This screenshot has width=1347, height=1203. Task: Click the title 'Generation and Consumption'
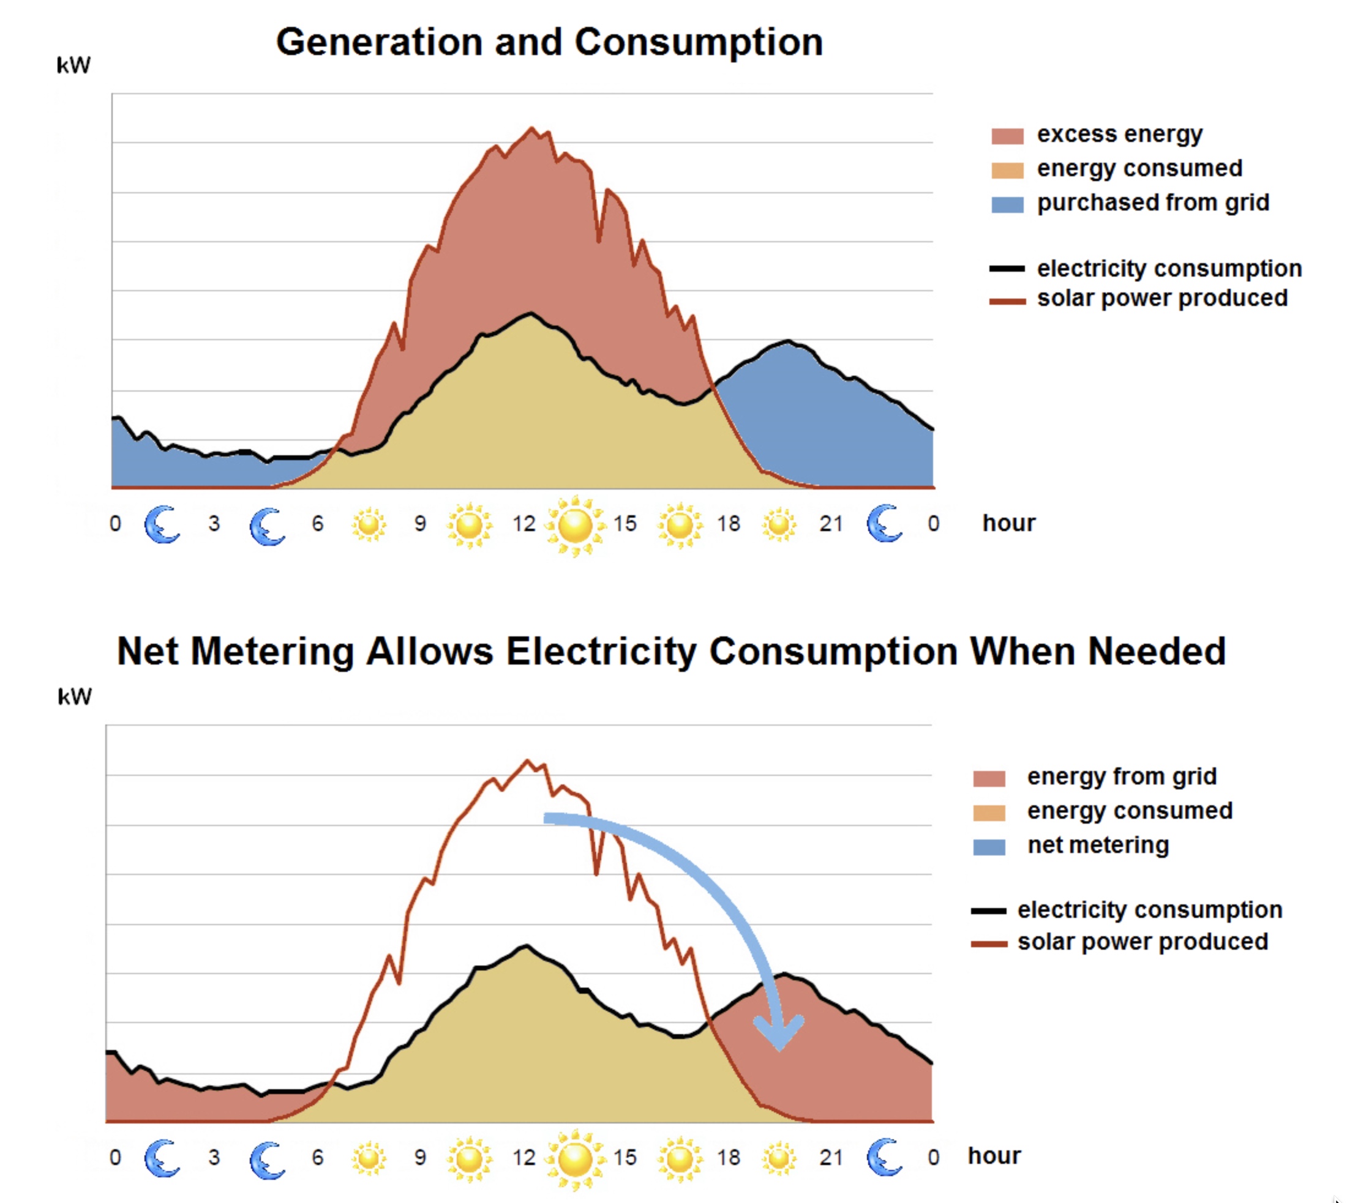point(549,43)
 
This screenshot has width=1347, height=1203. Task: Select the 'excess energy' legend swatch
point(1007,136)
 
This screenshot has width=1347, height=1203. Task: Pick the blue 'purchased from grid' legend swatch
point(1007,205)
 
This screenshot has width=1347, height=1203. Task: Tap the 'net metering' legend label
point(1098,846)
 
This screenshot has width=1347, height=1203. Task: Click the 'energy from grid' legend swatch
point(989,778)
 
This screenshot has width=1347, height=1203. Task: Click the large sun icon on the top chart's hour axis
point(576,526)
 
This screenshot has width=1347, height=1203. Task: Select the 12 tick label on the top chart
point(523,524)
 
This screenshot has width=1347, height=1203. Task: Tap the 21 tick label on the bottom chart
point(831,1157)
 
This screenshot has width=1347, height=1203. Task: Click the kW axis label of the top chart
point(73,65)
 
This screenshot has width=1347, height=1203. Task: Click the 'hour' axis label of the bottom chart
point(994,1156)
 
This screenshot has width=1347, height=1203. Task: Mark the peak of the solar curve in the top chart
point(531,128)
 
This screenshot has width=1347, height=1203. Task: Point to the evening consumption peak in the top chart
point(787,341)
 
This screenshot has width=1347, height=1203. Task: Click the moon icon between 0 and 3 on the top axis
point(162,525)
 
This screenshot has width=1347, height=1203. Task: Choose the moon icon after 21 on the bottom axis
point(884,1157)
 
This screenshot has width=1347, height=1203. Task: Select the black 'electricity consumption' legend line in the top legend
point(1007,269)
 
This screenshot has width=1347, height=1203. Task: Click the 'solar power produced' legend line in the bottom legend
point(989,944)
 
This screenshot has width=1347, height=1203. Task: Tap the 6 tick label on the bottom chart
point(317,1157)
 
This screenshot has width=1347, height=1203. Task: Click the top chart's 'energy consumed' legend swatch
point(1007,171)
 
